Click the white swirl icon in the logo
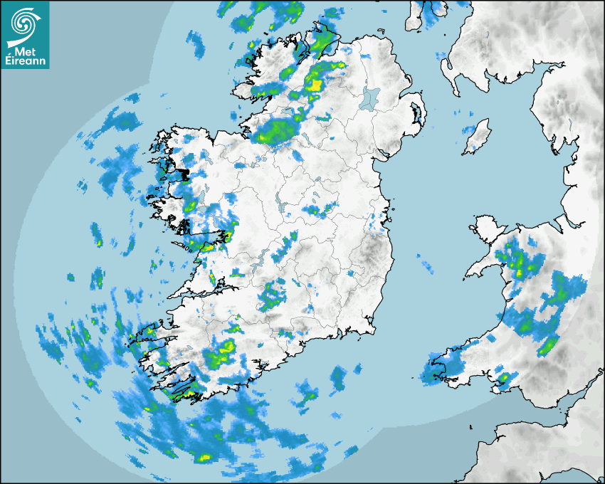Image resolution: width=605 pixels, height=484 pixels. pos(24,23)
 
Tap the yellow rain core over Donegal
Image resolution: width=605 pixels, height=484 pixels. pos(313,85)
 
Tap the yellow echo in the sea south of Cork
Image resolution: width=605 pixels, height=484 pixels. pos(205,457)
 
